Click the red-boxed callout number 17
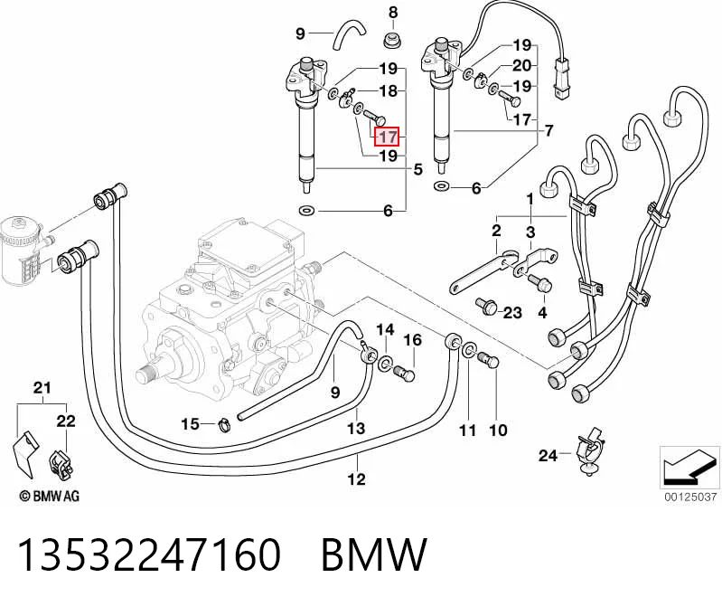click(x=388, y=137)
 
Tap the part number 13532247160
click(x=149, y=554)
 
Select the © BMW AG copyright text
click(x=50, y=496)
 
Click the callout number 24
click(x=548, y=455)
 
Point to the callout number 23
click(x=512, y=313)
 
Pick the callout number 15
click(x=190, y=423)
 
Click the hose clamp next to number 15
click(x=225, y=424)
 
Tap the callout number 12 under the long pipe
click(x=356, y=478)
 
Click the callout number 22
click(x=66, y=421)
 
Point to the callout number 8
click(x=393, y=13)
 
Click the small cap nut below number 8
click(x=392, y=40)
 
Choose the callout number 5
click(x=417, y=169)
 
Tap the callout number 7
click(x=549, y=131)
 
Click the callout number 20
click(x=522, y=65)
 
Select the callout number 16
click(x=413, y=340)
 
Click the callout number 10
click(x=498, y=430)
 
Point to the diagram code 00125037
click(x=690, y=497)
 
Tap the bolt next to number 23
click(x=486, y=305)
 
